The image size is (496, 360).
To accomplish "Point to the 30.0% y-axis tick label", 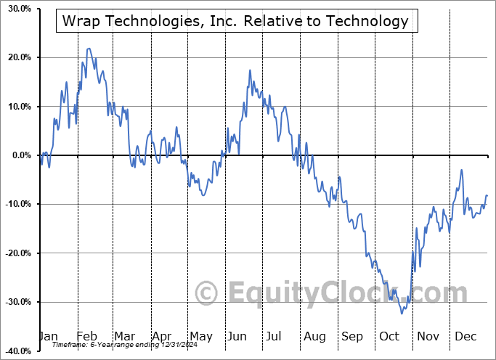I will click(17, 9).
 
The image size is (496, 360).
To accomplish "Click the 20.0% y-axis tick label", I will click(17, 57).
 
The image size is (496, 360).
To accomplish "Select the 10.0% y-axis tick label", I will click(17, 107).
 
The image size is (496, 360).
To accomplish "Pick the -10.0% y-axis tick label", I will click(15, 204).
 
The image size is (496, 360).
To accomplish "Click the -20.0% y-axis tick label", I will click(15, 253).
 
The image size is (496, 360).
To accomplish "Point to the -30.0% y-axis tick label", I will click(15, 302).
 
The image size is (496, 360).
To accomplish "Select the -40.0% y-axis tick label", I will click(15, 351).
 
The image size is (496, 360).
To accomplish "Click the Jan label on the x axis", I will click(47, 336).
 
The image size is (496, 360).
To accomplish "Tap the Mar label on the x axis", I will click(125, 336).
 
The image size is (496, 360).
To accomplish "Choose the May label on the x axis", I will click(200, 336).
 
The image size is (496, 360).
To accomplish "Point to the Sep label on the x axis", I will click(352, 336).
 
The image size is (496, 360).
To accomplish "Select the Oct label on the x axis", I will click(389, 336).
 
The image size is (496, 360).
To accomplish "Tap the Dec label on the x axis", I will click(465, 336).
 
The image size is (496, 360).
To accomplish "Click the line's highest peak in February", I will click(88, 49).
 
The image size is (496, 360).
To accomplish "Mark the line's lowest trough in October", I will click(402, 314).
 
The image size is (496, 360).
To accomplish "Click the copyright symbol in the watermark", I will click(208, 293).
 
